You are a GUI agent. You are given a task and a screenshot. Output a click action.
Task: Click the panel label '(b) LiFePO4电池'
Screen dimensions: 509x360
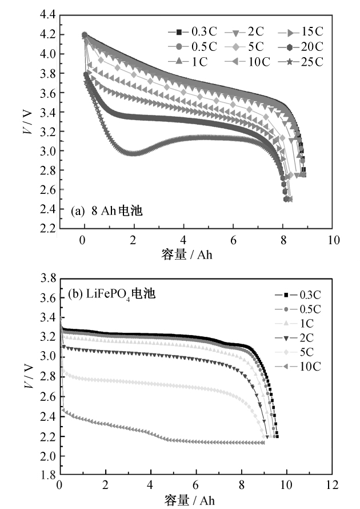pyautogui.click(x=113, y=296)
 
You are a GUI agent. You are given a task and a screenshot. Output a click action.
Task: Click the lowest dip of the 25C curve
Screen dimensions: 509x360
pyautogui.click(x=133, y=153)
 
